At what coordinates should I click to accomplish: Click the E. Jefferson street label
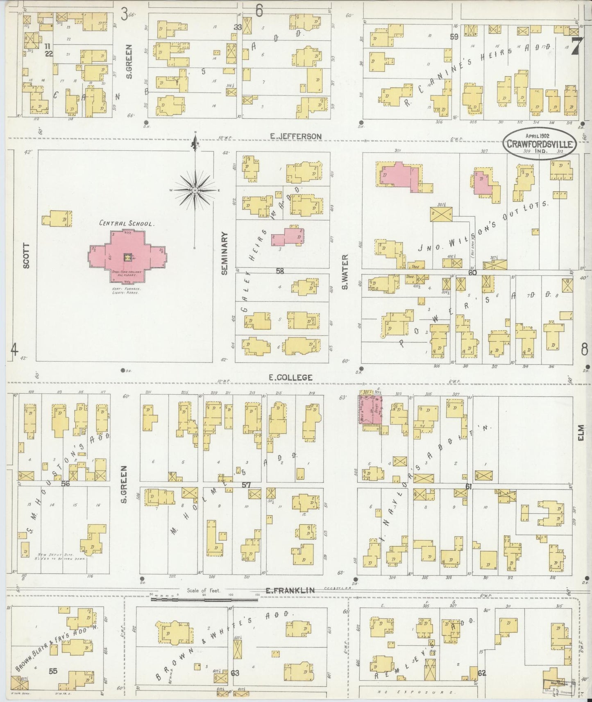295,136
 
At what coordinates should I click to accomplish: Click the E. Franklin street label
290,590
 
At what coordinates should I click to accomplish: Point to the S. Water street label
345,272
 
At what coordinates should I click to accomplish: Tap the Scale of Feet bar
204,599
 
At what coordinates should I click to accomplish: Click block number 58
280,271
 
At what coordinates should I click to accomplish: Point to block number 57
246,485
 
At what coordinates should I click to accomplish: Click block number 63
235,673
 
